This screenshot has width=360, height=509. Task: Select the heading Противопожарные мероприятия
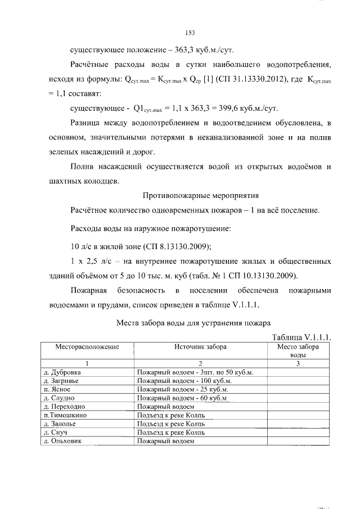(x=201, y=196)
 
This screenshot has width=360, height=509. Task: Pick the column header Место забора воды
(x=298, y=352)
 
